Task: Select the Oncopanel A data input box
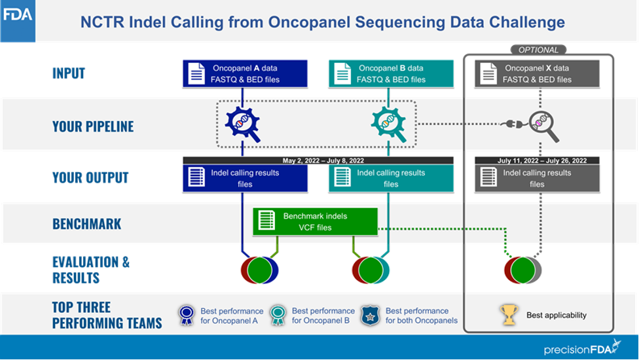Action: (244, 73)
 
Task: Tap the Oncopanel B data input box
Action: (390, 73)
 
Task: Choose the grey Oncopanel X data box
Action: (536, 73)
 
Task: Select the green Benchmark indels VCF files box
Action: (315, 222)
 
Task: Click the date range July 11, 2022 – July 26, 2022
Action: (538, 160)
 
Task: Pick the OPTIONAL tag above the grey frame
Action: (538, 50)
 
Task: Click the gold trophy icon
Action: (509, 315)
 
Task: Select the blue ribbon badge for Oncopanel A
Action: (187, 315)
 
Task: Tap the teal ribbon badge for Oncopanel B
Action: (278, 315)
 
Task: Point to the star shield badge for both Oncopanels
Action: (371, 315)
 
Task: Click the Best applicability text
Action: (557, 315)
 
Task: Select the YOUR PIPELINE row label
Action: (92, 126)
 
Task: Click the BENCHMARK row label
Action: (86, 224)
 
